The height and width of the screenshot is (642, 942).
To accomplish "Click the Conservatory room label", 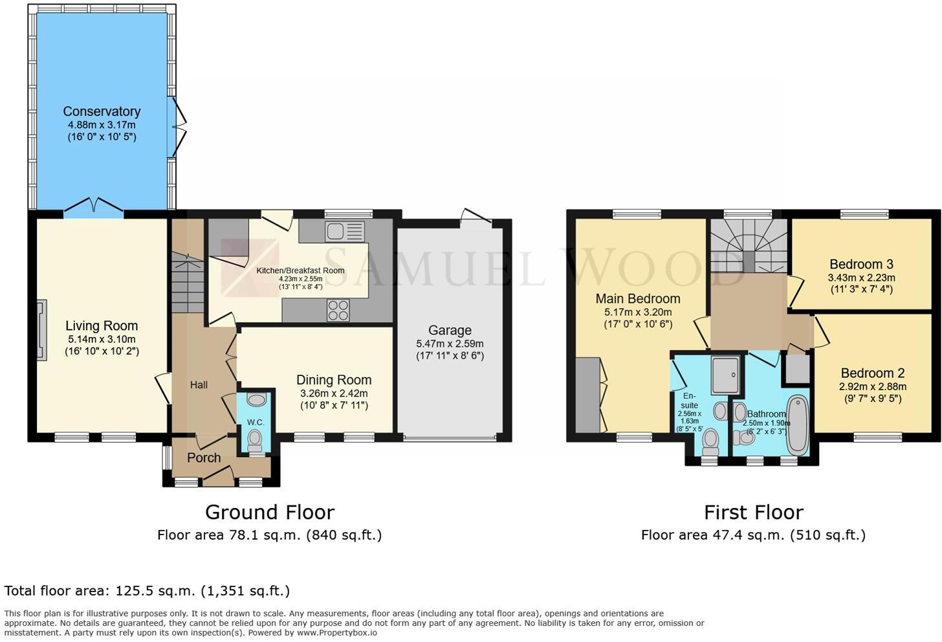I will point(102,111).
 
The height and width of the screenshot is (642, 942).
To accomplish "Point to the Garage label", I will point(450,330).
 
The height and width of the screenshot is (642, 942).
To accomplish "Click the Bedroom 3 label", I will point(861,264).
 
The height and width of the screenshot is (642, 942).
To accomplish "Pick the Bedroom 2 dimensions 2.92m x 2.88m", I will point(872,386).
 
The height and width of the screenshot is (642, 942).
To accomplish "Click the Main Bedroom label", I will point(637,298).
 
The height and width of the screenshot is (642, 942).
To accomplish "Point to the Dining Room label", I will point(334,380).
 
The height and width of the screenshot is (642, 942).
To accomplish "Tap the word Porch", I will point(204,458).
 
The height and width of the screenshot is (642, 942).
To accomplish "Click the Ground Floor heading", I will point(269,512).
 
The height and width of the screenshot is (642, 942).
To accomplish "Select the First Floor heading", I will point(753,512).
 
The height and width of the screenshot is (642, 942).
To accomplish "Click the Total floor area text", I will point(147,590).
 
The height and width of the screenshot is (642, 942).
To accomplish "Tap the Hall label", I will point(199,385).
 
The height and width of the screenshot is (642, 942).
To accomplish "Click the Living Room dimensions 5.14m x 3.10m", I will point(102,339).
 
